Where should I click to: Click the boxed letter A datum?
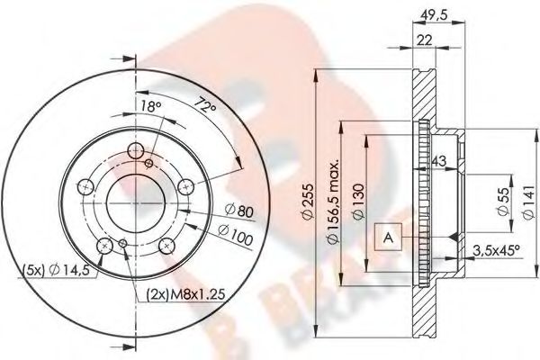(x=387, y=237)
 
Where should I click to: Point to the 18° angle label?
(x=152, y=108)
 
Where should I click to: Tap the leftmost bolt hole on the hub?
(x=86, y=186)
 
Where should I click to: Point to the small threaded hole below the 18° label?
(x=150, y=164)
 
